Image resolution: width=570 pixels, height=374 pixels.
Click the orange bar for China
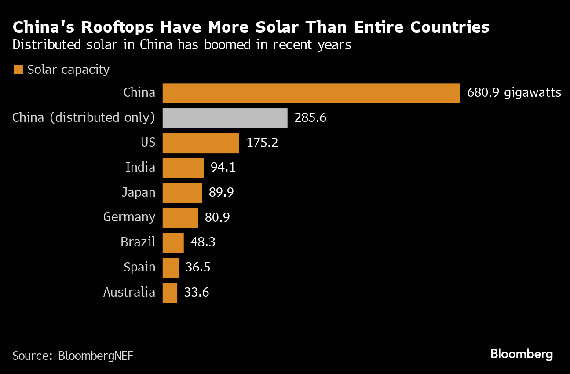(x=311, y=93)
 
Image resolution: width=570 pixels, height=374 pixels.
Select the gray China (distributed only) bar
(x=225, y=118)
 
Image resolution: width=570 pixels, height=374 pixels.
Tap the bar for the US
(x=201, y=143)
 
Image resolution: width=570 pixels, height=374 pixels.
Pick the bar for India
(x=183, y=168)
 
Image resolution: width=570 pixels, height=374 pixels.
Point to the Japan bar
(x=182, y=193)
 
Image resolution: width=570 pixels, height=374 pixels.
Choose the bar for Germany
(x=180, y=217)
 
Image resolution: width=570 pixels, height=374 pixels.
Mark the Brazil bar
(x=173, y=242)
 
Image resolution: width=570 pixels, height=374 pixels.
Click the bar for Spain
(x=170, y=268)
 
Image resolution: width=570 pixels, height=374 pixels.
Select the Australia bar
(x=170, y=293)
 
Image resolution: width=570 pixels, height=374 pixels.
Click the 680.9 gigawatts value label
(x=514, y=93)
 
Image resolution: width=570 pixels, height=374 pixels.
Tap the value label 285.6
(x=311, y=118)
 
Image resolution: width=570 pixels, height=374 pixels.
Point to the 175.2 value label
(x=262, y=143)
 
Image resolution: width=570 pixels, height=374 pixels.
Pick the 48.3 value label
(x=203, y=242)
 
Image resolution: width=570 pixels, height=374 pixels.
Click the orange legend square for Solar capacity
(x=18, y=70)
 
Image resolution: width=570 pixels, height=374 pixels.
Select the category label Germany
(x=129, y=217)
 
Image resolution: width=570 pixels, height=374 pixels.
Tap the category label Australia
(x=129, y=293)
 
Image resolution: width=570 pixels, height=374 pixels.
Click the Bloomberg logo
(x=521, y=354)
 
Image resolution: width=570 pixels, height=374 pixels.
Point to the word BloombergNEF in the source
(x=95, y=356)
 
